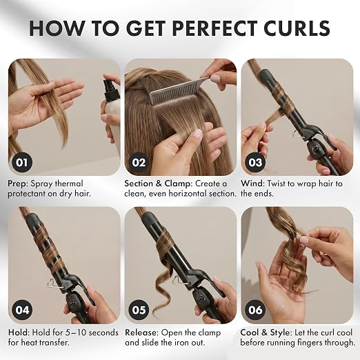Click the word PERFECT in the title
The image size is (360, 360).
click(214, 28)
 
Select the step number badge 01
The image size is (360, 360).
click(22, 162)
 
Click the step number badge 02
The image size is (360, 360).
click(139, 162)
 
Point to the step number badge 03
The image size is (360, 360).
click(255, 162)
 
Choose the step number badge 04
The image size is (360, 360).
click(22, 310)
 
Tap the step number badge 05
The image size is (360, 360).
click(139, 310)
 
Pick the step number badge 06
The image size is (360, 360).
click(255, 310)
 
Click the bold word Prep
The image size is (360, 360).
click(17, 183)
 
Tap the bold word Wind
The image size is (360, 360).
click(252, 183)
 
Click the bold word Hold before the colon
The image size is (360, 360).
click(19, 332)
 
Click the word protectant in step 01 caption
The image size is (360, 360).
click(27, 194)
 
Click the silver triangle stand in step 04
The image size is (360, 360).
click(54, 283)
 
